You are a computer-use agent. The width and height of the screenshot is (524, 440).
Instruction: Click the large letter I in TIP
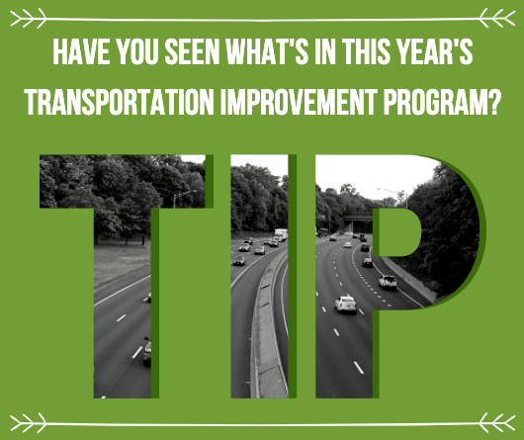[259, 277]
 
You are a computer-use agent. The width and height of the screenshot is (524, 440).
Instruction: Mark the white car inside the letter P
[345, 304]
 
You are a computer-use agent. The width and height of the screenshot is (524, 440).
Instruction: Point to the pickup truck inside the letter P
[388, 282]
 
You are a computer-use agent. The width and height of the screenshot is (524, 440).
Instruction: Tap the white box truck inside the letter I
[281, 234]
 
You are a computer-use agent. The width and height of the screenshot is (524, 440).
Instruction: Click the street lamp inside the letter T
[179, 197]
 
